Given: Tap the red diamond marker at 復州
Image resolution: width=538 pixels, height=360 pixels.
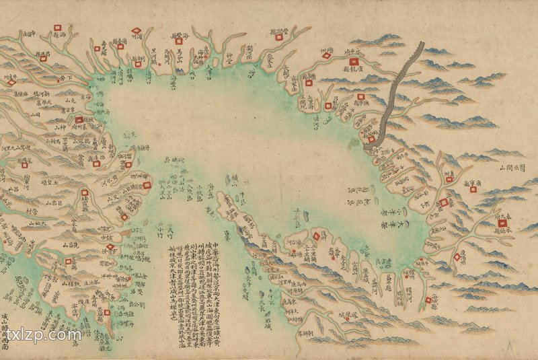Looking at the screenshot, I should (x=315, y=236).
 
